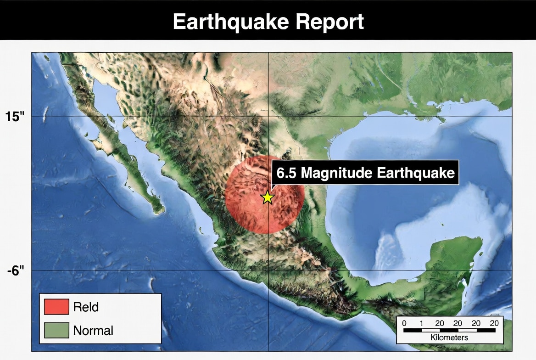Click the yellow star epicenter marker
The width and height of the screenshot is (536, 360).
tap(267, 197)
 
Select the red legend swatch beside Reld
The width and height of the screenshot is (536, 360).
tap(56, 307)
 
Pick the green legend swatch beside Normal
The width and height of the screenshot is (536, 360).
tap(56, 330)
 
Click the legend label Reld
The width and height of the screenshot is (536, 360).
tap(86, 307)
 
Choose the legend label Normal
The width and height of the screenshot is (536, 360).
tap(93, 330)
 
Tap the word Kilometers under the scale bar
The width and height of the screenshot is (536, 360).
tap(449, 337)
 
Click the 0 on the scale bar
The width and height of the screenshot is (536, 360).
tap(404, 323)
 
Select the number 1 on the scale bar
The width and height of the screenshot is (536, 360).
tap(421, 323)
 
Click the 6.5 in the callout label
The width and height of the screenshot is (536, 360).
tap(286, 173)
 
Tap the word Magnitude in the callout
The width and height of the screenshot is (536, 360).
tap(336, 173)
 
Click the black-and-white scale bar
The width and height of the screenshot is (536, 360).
tap(449, 330)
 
